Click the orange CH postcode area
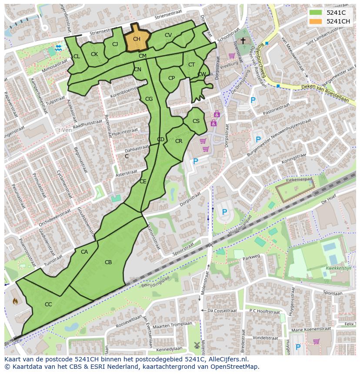coord(137,39)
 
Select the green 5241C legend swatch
coord(316,13)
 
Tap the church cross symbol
coord(243,40)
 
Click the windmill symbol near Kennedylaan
coord(197,345)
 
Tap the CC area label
coord(48,304)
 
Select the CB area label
coord(108,262)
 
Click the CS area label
coord(196,121)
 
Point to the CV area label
coord(168,35)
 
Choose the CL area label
coord(77,56)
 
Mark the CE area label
coord(143,182)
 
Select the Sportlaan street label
coord(333,294)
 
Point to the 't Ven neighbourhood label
coord(64,129)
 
